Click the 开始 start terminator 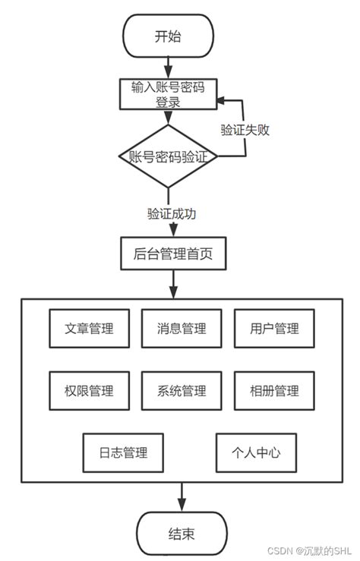168,36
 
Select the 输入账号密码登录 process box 168,93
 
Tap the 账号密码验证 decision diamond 168,156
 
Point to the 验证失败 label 245,129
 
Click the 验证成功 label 172,213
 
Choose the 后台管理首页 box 173,254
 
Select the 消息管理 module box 182,329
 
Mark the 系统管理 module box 182,391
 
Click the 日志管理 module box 123,453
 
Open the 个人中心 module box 256,453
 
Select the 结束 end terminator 182,534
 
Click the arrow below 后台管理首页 174,283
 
